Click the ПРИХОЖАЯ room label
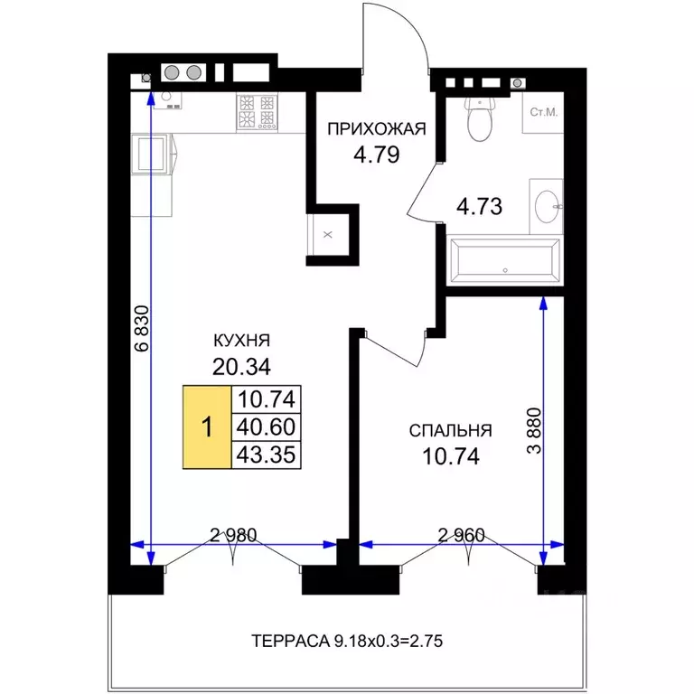point(377,129)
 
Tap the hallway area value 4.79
point(377,155)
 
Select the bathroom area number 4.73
point(479,206)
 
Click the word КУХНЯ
point(241,341)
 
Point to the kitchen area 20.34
point(241,367)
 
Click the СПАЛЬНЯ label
point(451,431)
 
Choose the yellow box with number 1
point(207,427)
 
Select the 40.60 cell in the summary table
point(267,427)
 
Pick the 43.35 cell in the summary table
point(267,455)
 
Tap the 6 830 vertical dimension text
point(143,328)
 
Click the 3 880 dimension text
point(534,431)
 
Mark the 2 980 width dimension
point(233,536)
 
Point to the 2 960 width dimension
point(461,536)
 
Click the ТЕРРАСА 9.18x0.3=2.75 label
point(347,641)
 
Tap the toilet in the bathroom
point(479,118)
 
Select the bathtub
point(505,260)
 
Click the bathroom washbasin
point(548,206)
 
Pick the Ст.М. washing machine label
point(544,112)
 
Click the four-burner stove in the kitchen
point(257,112)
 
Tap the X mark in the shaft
point(327,235)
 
